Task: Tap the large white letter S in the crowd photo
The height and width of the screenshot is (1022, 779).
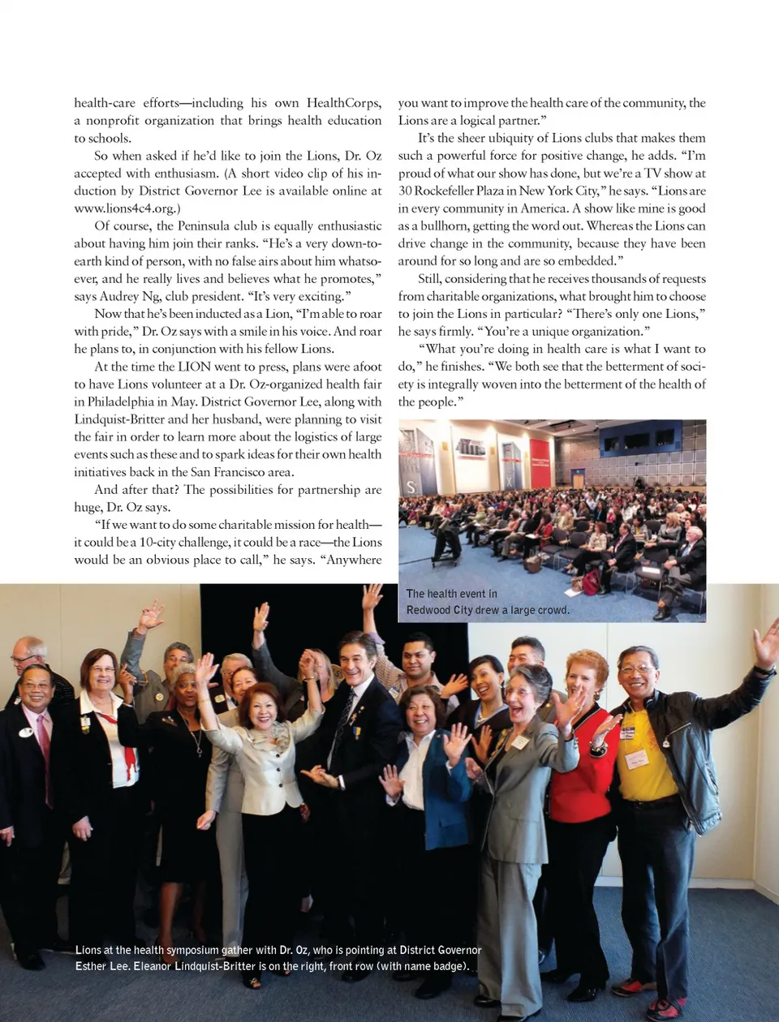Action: [x=411, y=487]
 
